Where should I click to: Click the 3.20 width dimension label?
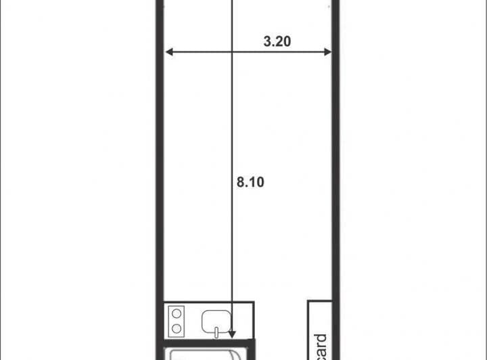pyautogui.click(x=277, y=41)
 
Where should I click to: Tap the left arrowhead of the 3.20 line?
pyautogui.click(x=169, y=51)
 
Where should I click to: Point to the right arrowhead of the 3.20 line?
pyautogui.click(x=327, y=51)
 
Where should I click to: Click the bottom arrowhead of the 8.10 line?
pyautogui.click(x=232, y=333)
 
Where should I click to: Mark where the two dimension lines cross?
pyautogui.click(x=232, y=51)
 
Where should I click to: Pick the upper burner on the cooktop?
pyautogui.click(x=177, y=313)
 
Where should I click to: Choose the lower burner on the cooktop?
pyautogui.click(x=177, y=328)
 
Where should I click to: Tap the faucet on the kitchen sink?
pyautogui.click(x=216, y=331)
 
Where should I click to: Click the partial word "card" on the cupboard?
pyautogui.click(x=321, y=346)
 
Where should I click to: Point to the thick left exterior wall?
pyautogui.click(x=161, y=169)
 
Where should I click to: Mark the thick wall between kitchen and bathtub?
pyautogui.click(x=210, y=340)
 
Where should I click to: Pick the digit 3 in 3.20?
pyautogui.click(x=266, y=41)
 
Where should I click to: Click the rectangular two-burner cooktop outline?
pyautogui.click(x=177, y=321)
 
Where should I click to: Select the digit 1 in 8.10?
pyautogui.click(x=251, y=182)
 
